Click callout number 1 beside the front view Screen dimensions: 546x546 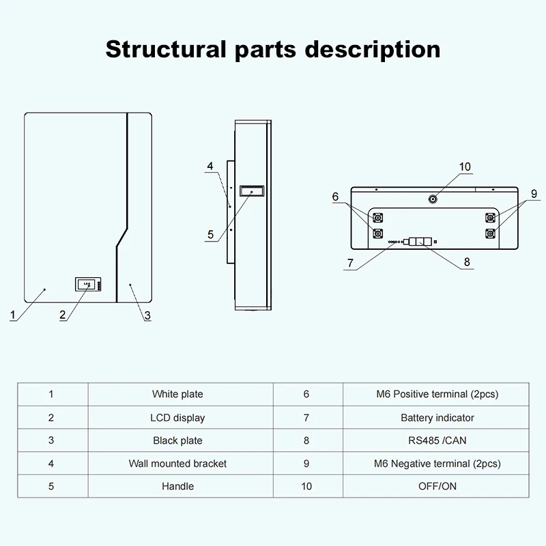[12, 315]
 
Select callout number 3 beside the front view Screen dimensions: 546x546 [147, 315]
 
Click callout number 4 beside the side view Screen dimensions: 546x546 [210, 166]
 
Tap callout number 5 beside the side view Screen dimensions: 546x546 [210, 235]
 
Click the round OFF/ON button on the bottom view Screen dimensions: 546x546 [433, 199]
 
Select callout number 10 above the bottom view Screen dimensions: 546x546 [465, 167]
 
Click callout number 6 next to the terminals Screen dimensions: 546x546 [335, 197]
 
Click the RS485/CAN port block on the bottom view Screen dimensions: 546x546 [418, 242]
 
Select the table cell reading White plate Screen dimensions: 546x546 [177, 394]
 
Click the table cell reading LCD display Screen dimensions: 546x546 [177, 417]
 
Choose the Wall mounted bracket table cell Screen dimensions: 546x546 [177, 463]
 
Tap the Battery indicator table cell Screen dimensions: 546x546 [437, 417]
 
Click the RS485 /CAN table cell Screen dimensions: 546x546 [437, 440]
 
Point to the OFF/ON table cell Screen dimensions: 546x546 [437, 487]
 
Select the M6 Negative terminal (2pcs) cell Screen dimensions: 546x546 [437, 463]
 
